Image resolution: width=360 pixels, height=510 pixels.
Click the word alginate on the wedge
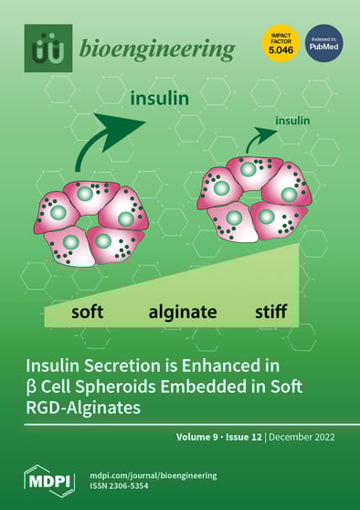[183, 312]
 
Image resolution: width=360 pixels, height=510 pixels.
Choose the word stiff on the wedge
[271, 311]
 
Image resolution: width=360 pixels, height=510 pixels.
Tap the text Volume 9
[205, 437]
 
